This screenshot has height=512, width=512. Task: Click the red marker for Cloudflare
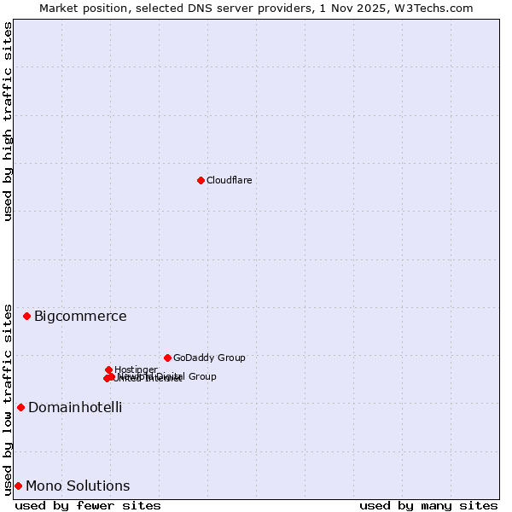(201, 180)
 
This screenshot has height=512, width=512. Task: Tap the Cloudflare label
(229, 180)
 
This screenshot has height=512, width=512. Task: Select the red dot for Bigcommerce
(26, 316)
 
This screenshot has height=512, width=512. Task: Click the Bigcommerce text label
(80, 317)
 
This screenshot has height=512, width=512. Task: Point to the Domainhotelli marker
(20, 407)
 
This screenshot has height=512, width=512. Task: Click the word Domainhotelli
(75, 408)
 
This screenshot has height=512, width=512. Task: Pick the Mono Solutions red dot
(18, 486)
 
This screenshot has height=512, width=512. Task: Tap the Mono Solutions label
(78, 486)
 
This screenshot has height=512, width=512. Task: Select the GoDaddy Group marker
(167, 358)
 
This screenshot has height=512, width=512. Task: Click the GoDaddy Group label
(209, 358)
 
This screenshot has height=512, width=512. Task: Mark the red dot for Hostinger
(108, 369)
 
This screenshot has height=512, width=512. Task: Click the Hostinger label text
(136, 369)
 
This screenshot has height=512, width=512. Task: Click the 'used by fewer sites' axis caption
(88, 505)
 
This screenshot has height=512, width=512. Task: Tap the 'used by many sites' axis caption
(428, 505)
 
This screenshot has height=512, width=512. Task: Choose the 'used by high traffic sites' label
(8, 121)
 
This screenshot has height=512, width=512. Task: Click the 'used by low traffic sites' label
(8, 399)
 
